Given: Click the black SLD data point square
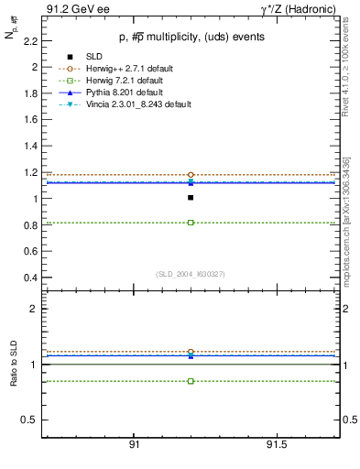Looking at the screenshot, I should point(191,197).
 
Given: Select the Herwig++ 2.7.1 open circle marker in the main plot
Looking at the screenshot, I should point(191,174).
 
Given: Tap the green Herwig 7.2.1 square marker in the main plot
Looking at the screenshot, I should point(191,223).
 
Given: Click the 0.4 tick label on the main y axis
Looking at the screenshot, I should point(31,278).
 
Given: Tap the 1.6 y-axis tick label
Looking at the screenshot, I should point(31,120).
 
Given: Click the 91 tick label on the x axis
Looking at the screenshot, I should point(134,444).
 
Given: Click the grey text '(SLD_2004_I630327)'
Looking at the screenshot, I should point(190,274).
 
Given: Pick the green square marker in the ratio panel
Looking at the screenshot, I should point(191,381).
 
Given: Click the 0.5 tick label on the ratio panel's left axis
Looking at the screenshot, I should point(30,420).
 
